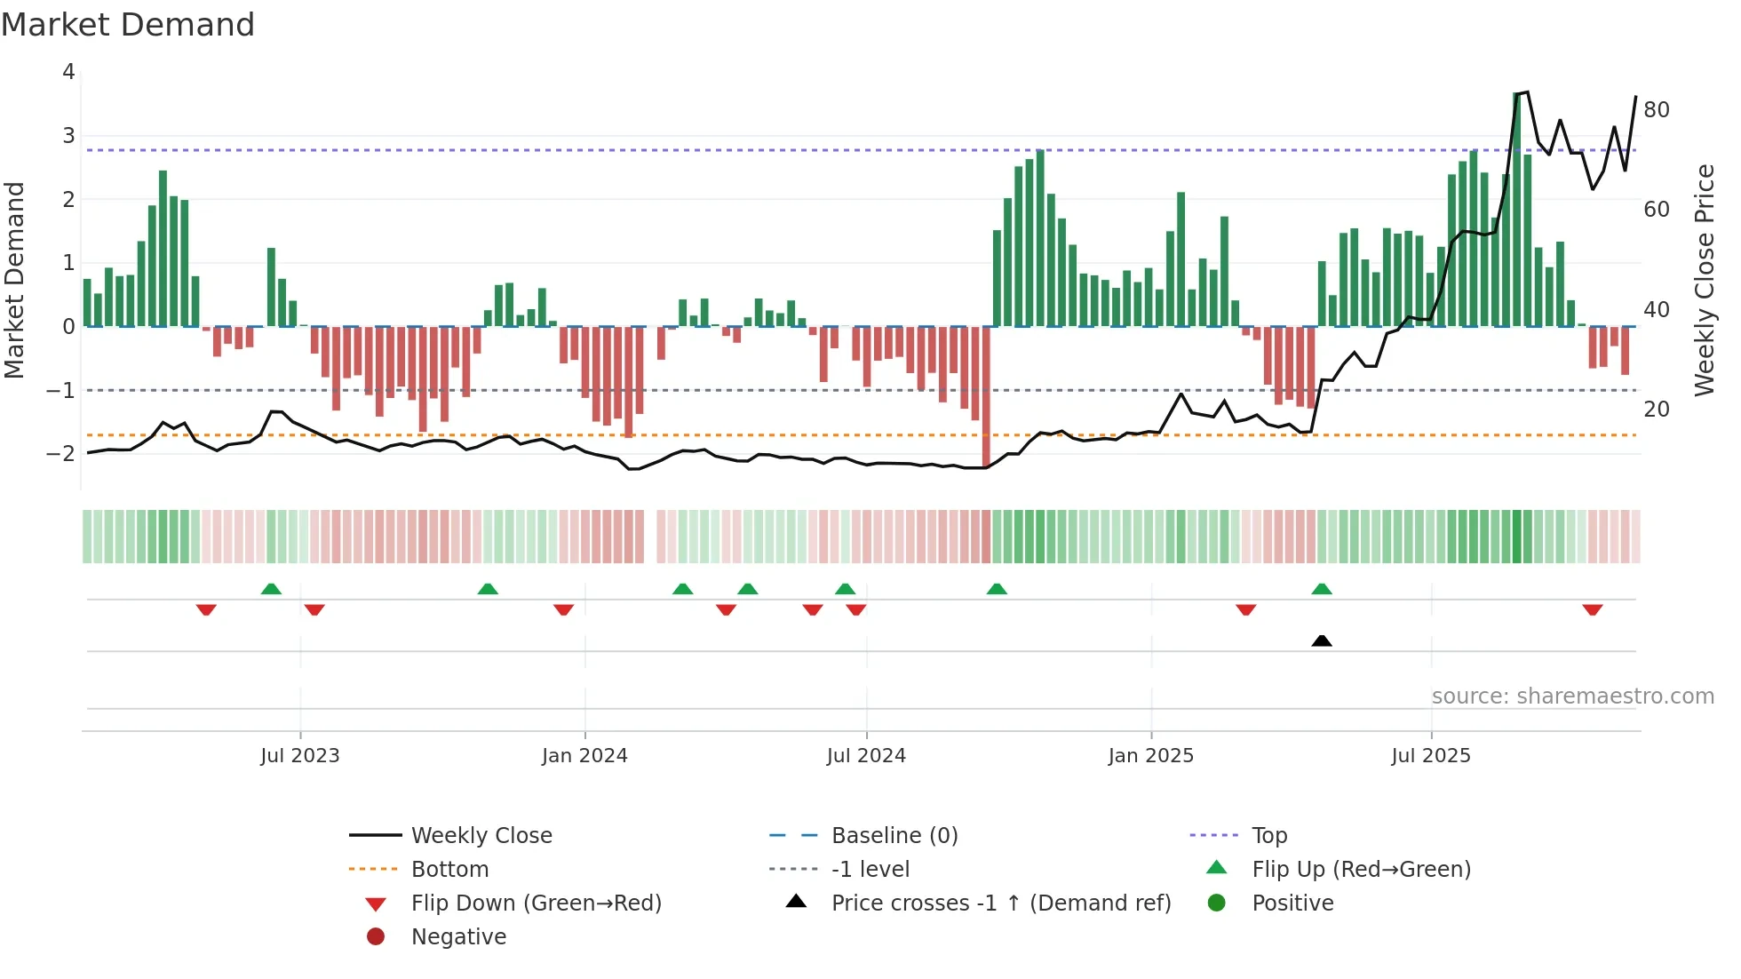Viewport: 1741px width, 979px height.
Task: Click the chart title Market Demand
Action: click(x=128, y=25)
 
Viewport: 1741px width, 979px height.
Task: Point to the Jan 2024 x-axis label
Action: click(x=584, y=756)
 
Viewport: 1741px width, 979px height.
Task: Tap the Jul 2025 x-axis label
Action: click(x=1431, y=756)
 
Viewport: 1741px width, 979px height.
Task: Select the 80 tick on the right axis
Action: click(x=1657, y=110)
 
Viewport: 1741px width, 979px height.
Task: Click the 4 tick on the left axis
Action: click(x=68, y=72)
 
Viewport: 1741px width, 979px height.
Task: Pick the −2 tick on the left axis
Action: click(x=61, y=454)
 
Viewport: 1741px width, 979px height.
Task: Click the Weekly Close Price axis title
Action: click(x=1705, y=280)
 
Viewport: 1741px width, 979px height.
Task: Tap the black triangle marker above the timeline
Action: click(x=1322, y=641)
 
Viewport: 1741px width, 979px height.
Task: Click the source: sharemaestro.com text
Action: click(x=1572, y=696)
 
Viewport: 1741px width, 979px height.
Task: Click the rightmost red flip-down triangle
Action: click(x=1592, y=610)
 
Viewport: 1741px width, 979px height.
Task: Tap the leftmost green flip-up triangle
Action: click(x=271, y=589)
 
